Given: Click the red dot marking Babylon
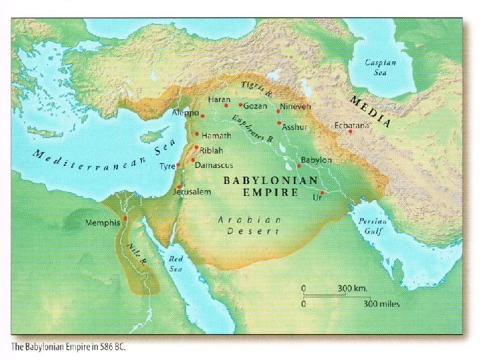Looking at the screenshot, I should (x=298, y=166).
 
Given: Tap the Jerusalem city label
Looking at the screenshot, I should (x=192, y=191).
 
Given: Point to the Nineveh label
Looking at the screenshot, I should (x=295, y=107).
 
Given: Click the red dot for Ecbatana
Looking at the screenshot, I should (x=350, y=131).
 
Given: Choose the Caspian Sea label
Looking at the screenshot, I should (x=380, y=67).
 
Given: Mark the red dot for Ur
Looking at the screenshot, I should (x=323, y=192).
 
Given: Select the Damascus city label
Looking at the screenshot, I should (x=213, y=163).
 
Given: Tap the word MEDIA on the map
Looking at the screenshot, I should (x=370, y=110).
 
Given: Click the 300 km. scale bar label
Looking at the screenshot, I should (x=353, y=288).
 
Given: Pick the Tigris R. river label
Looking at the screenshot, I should (x=256, y=90).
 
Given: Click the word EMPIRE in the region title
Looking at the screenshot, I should (x=270, y=192).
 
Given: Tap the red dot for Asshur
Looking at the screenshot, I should (x=279, y=123).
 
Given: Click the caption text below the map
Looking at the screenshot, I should (x=68, y=347).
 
